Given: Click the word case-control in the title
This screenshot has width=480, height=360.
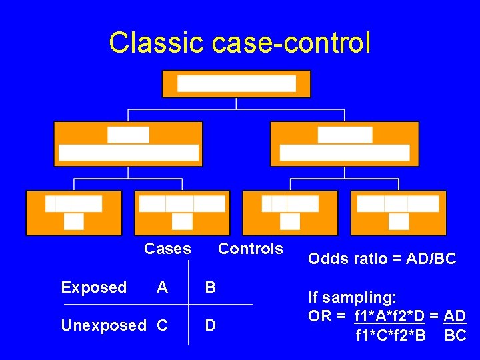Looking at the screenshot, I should pos(291,43).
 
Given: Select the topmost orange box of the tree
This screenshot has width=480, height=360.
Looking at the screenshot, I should pos(237,83).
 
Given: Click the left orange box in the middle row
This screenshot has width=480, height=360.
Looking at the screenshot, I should pos(128,143).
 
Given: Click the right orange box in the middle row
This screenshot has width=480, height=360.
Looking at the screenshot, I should pos(344,143).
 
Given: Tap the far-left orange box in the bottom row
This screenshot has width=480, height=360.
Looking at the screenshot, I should pos(74,213).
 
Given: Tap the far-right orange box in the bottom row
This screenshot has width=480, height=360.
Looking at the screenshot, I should pos(398,213).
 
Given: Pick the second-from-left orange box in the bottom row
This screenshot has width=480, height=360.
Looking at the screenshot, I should pos(182,213).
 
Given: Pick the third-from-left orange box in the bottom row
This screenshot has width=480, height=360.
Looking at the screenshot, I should pos(290,213).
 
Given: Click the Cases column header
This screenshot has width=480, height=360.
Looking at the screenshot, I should pos(167,249).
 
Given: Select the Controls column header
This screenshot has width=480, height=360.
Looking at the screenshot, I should pos(251,249).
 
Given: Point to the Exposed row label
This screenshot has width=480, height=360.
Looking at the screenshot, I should pos(93,287).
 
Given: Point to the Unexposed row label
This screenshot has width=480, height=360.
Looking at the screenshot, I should pos(103,325).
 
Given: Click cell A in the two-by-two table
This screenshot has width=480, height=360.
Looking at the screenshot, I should pos(162,287).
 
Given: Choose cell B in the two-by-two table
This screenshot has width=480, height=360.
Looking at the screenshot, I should pos(211,287).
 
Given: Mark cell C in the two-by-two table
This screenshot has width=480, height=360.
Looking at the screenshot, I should pos(162,325).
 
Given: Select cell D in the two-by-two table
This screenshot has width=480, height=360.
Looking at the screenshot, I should pos(211,325).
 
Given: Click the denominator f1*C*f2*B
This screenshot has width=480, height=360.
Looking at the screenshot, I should pos(391,335).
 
